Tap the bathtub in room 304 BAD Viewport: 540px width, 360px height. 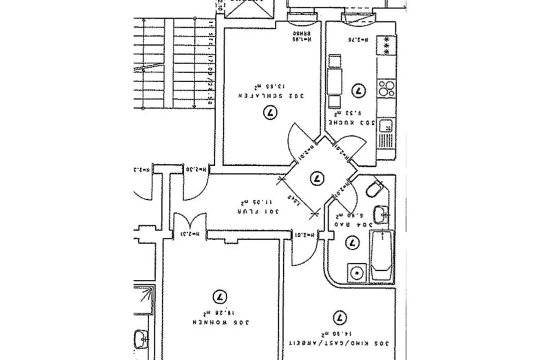coord(381,255)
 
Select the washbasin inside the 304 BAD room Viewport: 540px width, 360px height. coord(381,214)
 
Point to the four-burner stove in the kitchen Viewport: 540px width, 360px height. coord(387,87)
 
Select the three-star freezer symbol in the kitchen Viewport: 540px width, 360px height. coord(387,46)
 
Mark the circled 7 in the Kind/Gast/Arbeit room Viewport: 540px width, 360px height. coord(341,318)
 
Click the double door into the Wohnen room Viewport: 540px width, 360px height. coord(189,225)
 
